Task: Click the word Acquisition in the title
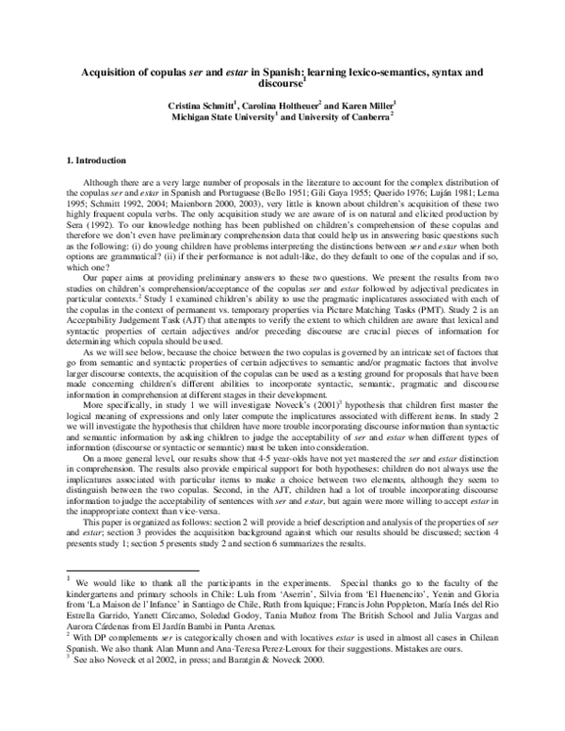110,71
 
